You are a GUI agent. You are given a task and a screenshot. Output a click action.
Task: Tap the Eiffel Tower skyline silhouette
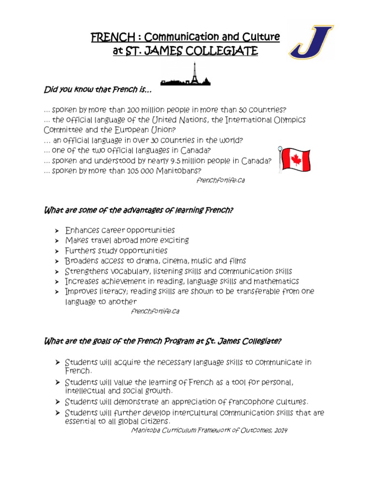tap(185, 76)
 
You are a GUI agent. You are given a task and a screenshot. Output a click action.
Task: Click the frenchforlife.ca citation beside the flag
tap(217, 180)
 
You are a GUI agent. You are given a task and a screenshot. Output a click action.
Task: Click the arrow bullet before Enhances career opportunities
tap(57, 231)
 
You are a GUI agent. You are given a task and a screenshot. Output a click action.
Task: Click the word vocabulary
tap(125, 271)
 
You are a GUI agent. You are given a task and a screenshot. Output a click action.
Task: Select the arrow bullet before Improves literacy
tap(57, 291)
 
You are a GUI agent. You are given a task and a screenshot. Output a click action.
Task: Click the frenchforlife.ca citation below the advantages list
tap(156, 312)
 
